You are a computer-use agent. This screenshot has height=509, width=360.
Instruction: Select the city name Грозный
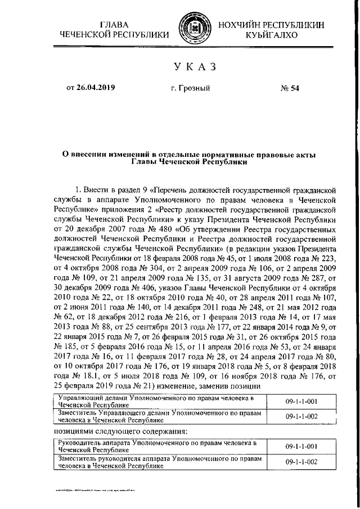(190, 88)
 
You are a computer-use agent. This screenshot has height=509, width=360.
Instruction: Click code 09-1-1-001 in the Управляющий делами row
(301, 401)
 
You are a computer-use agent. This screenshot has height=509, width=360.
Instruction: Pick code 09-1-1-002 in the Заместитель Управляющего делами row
(301, 417)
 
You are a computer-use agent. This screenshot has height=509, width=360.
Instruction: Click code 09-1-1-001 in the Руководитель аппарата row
(301, 447)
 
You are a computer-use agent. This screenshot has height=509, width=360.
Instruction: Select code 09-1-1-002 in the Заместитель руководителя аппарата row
(301, 462)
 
